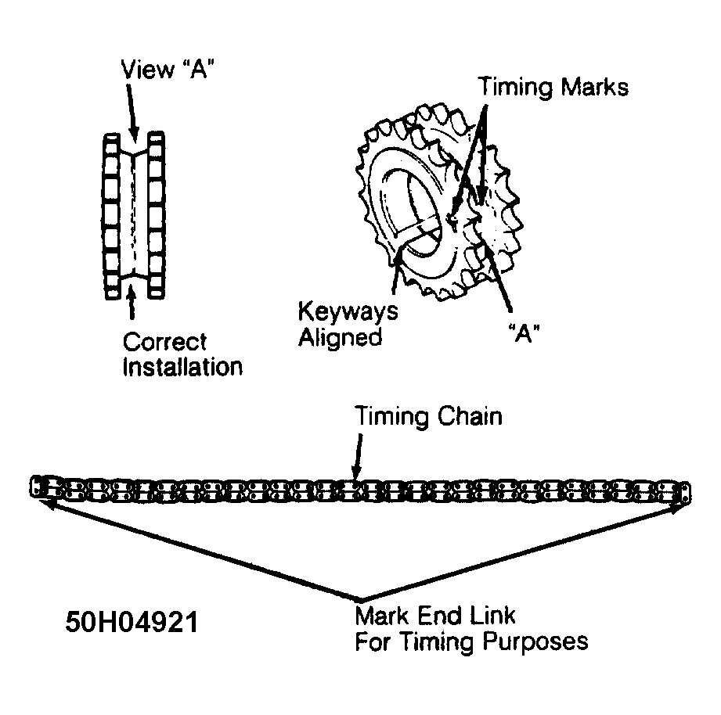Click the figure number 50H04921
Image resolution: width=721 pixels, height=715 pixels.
click(x=132, y=622)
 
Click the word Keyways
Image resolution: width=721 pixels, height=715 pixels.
click(x=348, y=312)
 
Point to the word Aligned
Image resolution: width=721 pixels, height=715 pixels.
click(x=341, y=337)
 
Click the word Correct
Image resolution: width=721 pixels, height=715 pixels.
click(x=164, y=342)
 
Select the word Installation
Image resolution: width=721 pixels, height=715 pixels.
click(x=182, y=367)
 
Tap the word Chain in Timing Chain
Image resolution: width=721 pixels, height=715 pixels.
click(x=469, y=417)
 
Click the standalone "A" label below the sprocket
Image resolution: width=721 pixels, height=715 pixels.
click(x=525, y=333)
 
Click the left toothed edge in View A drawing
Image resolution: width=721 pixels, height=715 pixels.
click(x=111, y=216)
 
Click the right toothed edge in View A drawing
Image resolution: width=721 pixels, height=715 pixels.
click(x=156, y=215)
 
